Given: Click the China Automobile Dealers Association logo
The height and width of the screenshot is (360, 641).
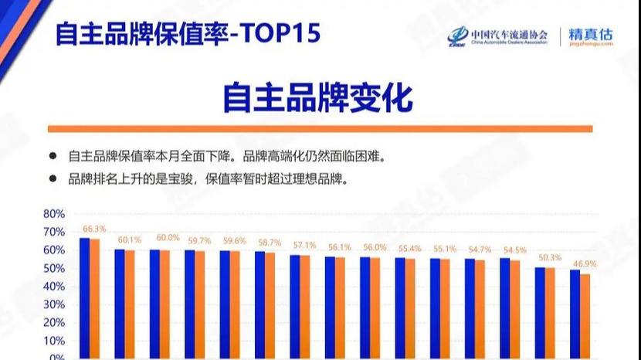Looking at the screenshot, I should (498, 36).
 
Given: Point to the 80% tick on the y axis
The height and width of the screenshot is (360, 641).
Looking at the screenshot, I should (53, 214).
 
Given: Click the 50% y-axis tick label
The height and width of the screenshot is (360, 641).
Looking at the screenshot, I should (53, 269).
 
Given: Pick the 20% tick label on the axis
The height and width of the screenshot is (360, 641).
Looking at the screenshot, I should (53, 323).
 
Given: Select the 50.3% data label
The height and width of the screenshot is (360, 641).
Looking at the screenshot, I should (550, 258).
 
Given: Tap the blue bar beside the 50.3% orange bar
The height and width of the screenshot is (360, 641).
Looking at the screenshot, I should (540, 312).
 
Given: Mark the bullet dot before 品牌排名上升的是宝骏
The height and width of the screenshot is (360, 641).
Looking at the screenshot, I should (53, 178).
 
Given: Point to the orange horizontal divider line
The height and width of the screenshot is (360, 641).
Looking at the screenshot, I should (320, 128).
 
